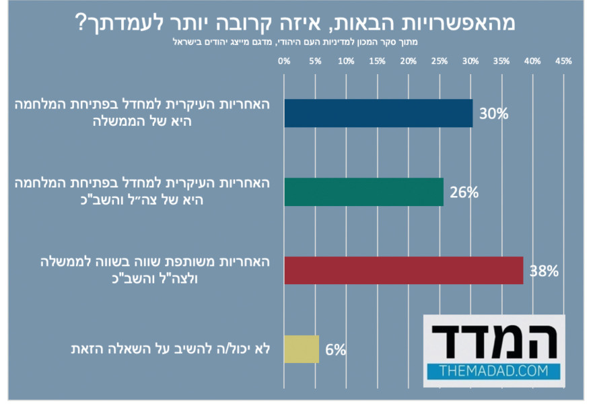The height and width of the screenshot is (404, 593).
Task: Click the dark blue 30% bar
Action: click(378, 113)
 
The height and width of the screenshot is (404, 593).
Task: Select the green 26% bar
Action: click(363, 192)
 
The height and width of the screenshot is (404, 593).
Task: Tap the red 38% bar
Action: click(403, 270)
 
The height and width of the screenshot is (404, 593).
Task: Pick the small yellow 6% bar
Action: click(301, 349)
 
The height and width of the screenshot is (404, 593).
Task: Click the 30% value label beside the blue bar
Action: click(493, 113)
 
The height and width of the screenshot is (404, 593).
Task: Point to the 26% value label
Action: click(464, 193)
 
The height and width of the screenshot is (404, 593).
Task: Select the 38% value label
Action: click(544, 271)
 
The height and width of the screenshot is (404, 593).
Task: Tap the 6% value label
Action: click(335, 349)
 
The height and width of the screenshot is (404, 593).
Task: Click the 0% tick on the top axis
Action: click(284, 61)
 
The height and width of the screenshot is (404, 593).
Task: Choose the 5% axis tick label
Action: click(315, 61)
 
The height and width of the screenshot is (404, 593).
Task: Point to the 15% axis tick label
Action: click(377, 61)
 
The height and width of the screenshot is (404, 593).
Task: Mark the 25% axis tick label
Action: click(439, 61)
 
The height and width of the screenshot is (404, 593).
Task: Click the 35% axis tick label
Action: click(501, 61)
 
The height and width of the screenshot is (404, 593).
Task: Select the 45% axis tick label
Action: click(563, 61)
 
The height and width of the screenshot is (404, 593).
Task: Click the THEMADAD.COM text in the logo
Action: click(493, 370)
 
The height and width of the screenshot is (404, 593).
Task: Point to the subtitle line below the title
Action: click(296, 42)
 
